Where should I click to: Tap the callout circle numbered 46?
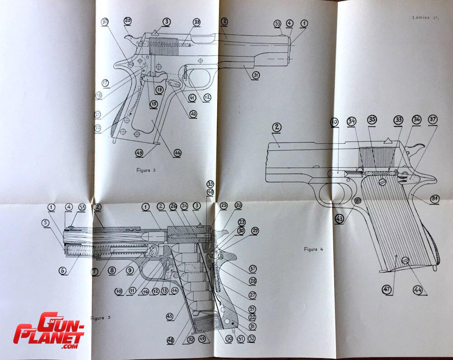click(x=177, y=153)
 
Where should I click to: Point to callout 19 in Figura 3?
click(x=159, y=90)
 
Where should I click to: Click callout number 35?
click(x=372, y=120)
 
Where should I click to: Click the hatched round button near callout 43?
click(x=357, y=200)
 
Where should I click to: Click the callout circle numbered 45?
click(x=170, y=316)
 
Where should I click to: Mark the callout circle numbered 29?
click(x=255, y=231)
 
